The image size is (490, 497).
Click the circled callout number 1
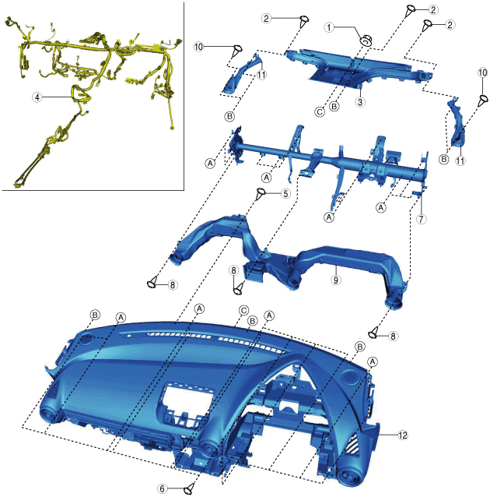[329, 27]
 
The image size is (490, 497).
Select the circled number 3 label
[360, 102]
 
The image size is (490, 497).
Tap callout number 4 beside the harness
[37, 97]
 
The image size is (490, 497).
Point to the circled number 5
[285, 193]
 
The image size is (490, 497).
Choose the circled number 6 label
[162, 488]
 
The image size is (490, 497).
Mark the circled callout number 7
[421, 219]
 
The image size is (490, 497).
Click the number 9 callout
[336, 280]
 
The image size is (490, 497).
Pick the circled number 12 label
[403, 435]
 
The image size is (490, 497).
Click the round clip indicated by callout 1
[366, 41]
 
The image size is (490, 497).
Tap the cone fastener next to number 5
[261, 193]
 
